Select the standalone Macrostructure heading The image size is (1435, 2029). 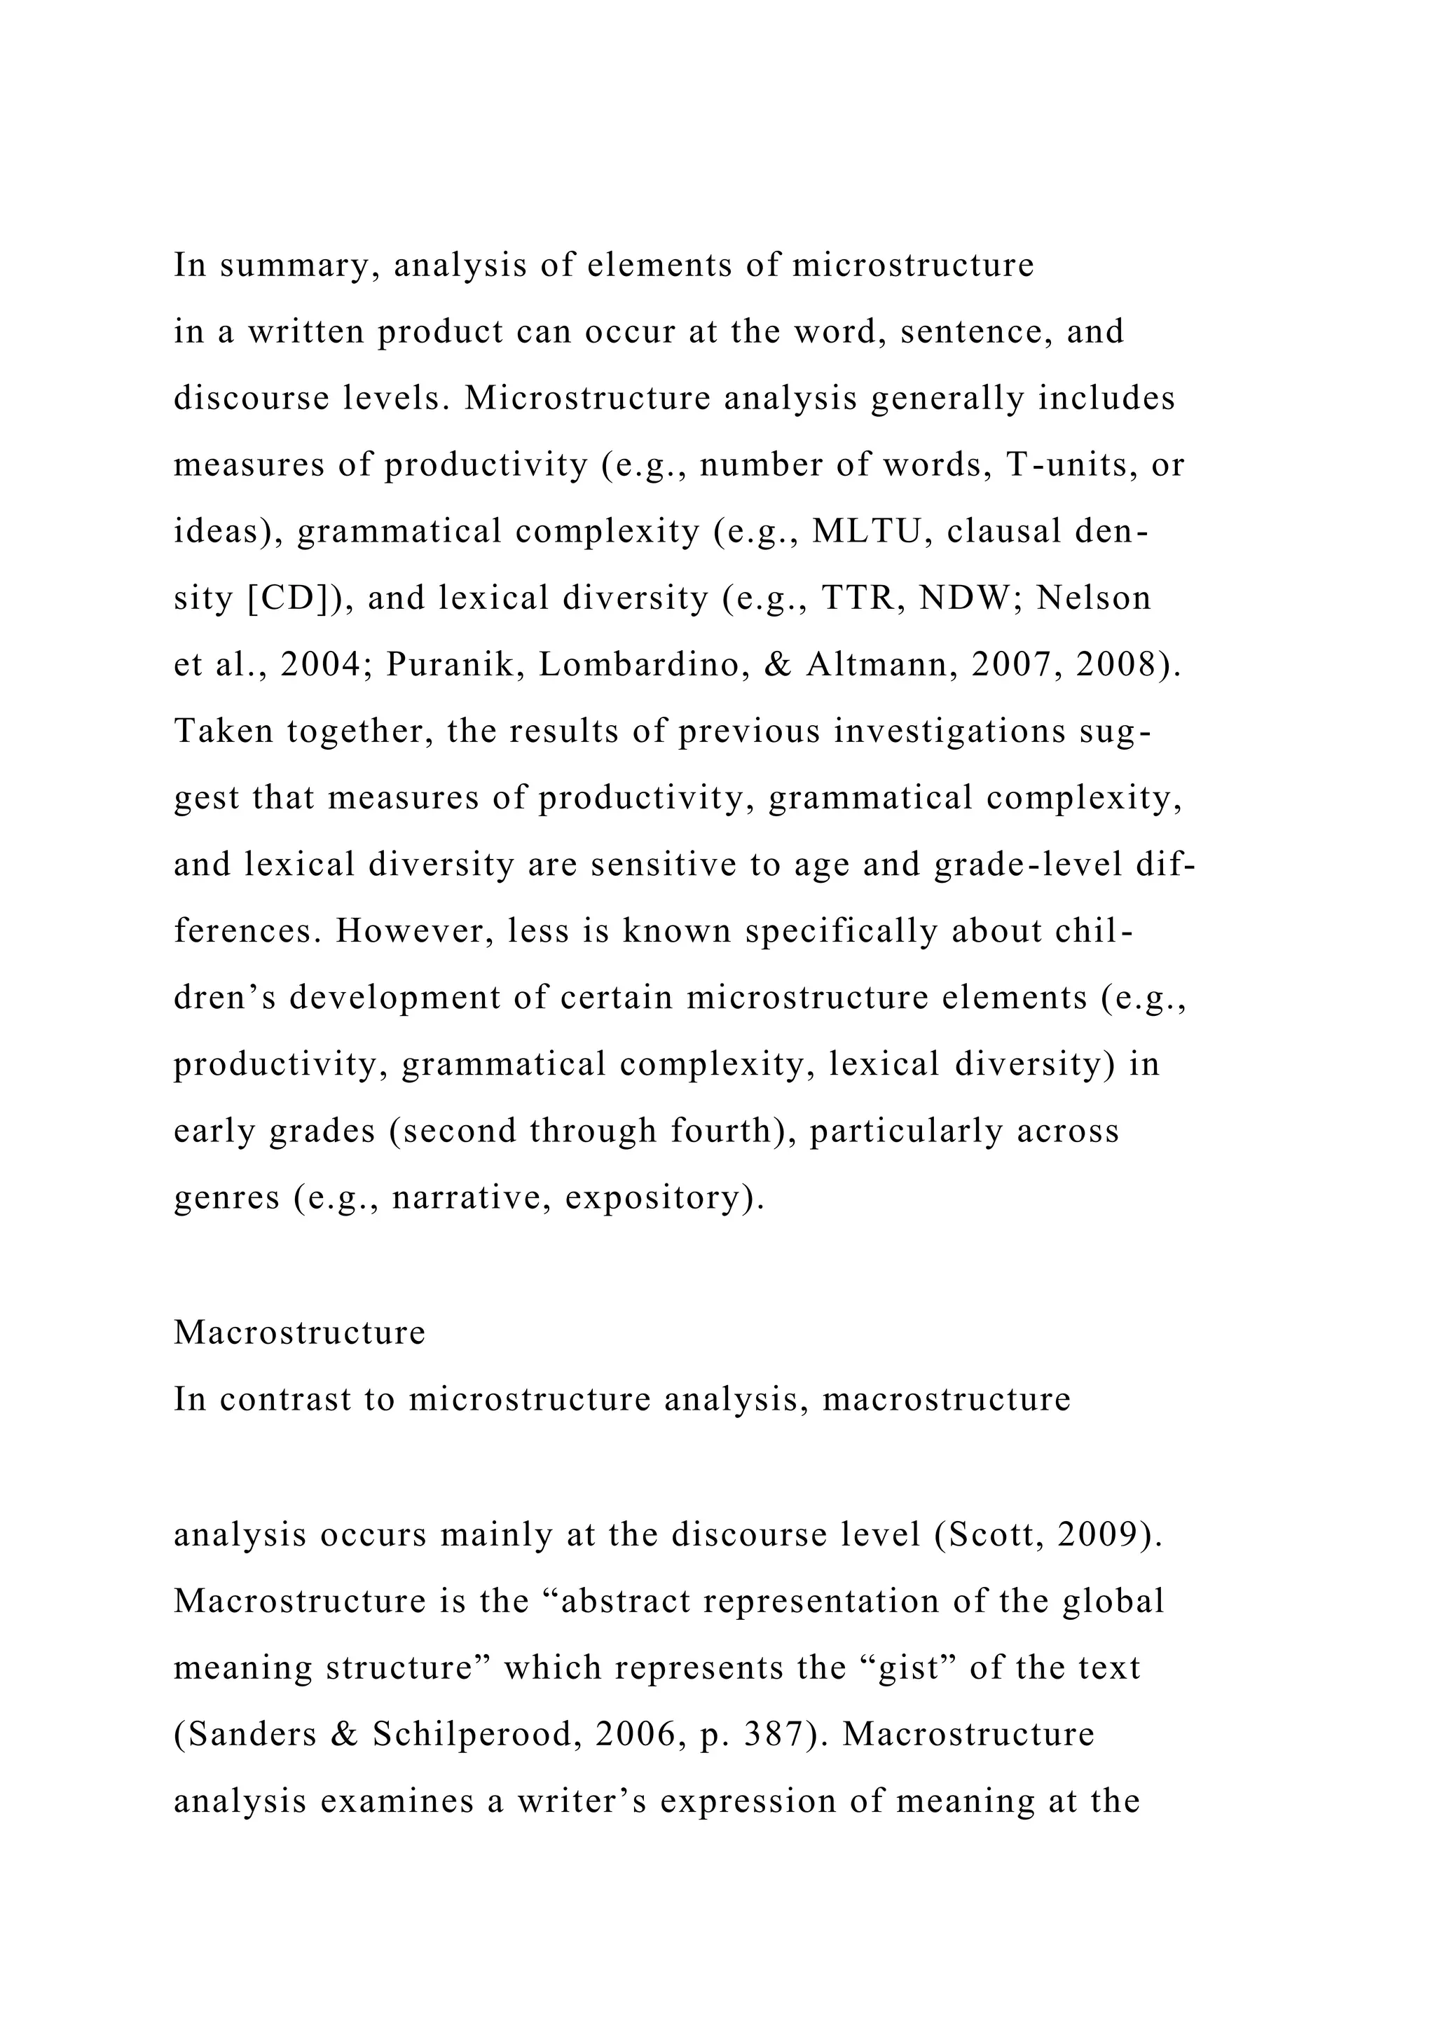point(300,1332)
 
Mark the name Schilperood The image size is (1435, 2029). point(476,1734)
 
